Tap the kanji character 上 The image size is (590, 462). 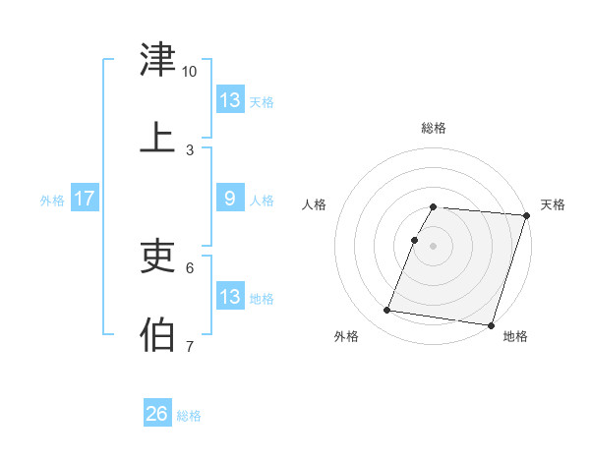click(x=158, y=138)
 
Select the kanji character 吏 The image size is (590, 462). click(x=158, y=257)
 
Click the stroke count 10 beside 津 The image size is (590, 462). click(x=190, y=72)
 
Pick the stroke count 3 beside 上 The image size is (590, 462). click(x=190, y=149)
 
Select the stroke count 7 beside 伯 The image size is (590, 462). click(x=190, y=346)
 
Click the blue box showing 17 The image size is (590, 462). click(x=85, y=200)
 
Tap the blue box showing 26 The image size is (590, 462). click(x=157, y=415)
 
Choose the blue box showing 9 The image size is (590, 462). click(x=230, y=200)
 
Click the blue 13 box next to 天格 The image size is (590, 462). click(x=230, y=100)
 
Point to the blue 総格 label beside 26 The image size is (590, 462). click(x=190, y=416)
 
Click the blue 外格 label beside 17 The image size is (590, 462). click(x=52, y=201)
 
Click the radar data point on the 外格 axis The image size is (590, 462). click(x=387, y=311)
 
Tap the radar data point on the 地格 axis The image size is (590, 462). click(x=491, y=325)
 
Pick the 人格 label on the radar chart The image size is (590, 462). click(x=315, y=204)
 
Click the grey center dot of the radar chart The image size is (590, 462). click(x=434, y=245)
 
